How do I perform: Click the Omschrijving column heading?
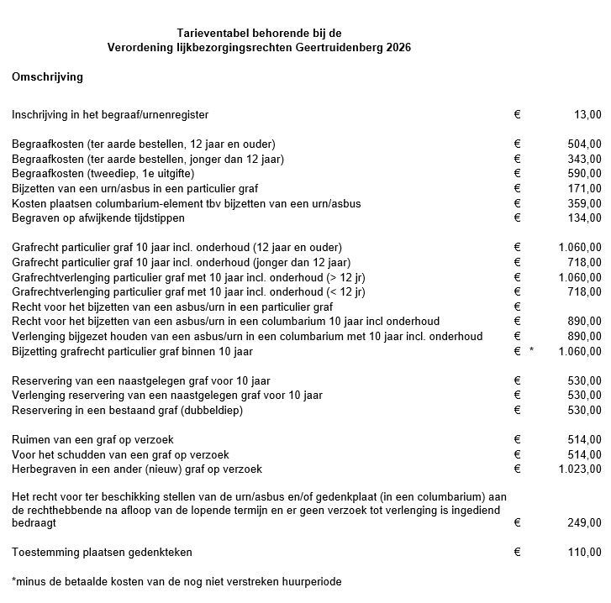tap(47, 76)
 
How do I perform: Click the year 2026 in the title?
tap(399, 47)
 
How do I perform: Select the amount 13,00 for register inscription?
tap(587, 114)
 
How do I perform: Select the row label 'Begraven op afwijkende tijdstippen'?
tap(97, 218)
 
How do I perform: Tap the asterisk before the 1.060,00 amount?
tap(531, 352)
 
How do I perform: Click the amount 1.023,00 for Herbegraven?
tap(580, 469)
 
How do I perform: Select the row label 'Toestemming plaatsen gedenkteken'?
tap(102, 552)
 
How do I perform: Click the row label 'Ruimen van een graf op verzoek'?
tap(91, 438)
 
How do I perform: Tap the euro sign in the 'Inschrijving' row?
tap(517, 114)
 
